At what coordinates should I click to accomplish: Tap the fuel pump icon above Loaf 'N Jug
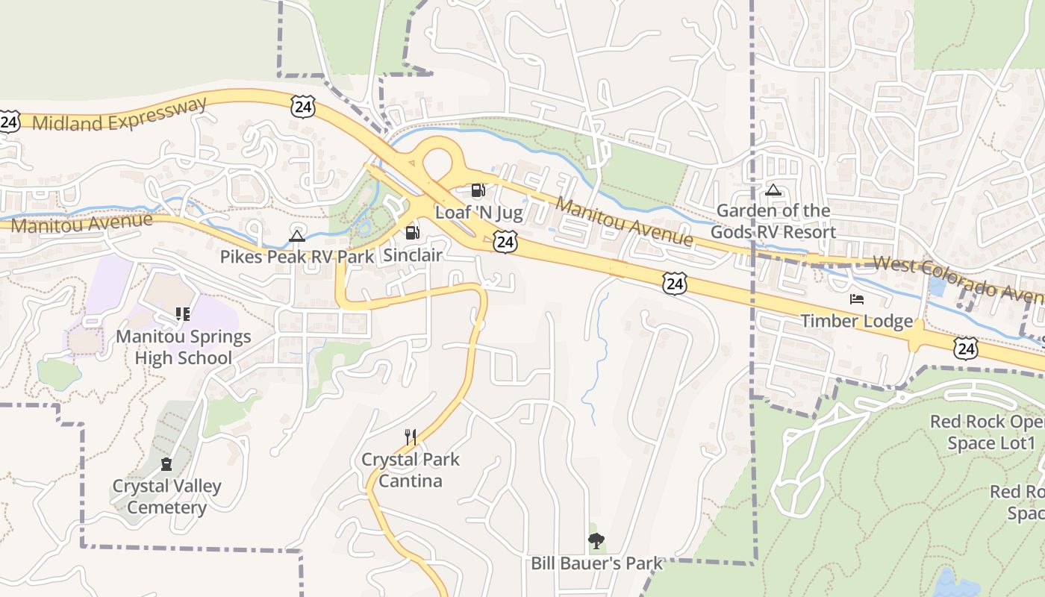pos(478,191)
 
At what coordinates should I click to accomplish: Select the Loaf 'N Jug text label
pos(478,212)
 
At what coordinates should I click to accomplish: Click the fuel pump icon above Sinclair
pos(412,233)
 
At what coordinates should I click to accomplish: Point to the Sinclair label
pos(413,255)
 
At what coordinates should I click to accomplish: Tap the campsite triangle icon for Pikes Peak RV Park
pos(297,237)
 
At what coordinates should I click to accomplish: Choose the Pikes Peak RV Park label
pos(297,257)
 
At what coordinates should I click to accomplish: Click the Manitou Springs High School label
pos(183,347)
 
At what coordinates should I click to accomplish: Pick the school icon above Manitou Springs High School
pos(183,313)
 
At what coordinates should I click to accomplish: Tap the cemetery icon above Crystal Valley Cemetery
pos(166,464)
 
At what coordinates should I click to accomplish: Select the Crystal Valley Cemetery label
pos(166,497)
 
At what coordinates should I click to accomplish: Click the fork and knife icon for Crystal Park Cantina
pos(410,437)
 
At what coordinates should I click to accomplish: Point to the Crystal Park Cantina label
pos(411,470)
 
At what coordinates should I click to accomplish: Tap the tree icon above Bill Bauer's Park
pos(596,540)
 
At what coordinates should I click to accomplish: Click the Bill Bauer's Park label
pos(596,563)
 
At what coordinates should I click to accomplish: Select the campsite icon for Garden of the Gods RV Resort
pos(773,190)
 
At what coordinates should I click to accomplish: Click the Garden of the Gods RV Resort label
pos(773,222)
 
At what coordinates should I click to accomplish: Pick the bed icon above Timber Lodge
pos(857,299)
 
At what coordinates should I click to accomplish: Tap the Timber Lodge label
pos(857,322)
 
